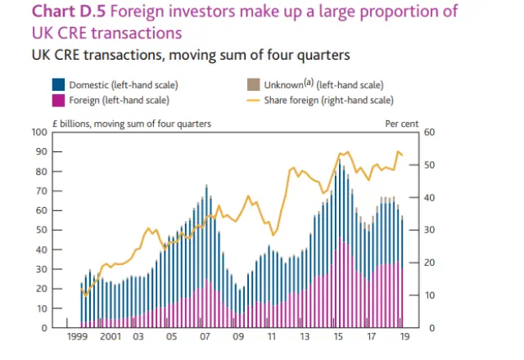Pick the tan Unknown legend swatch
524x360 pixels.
coord(252,85)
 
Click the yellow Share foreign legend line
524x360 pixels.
coord(252,100)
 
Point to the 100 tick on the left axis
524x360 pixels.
coord(38,133)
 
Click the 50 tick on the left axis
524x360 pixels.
coord(40,230)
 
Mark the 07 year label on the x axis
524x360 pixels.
coord(204,337)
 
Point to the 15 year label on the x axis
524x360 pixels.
coord(339,337)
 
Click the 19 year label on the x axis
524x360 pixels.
coord(403,337)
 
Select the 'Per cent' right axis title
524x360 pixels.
coord(401,123)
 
